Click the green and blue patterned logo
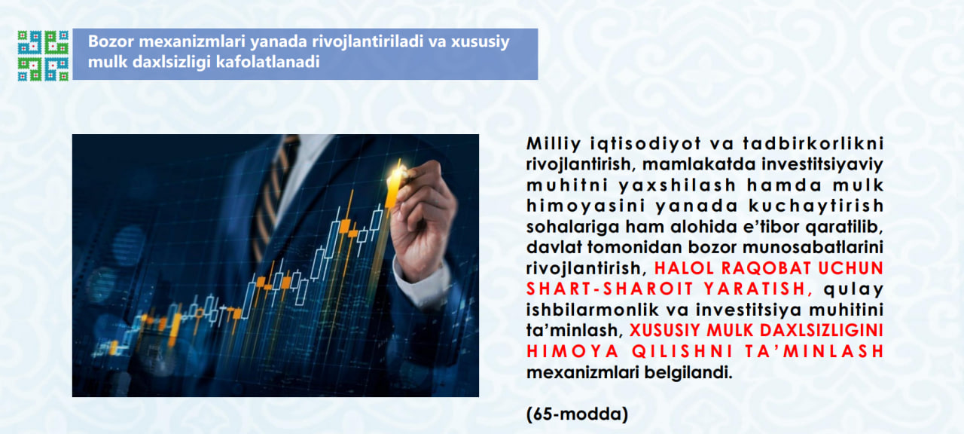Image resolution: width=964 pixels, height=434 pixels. coord(43,55)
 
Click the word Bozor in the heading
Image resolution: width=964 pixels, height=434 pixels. coord(111,41)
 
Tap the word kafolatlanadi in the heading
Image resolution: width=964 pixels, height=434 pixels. coord(267,62)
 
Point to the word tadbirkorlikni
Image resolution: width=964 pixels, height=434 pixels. coord(813,143)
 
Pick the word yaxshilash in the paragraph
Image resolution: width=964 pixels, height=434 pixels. coord(677,185)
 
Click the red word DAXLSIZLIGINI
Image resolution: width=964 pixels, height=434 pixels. coord(822,330)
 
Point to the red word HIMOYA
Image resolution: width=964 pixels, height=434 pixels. coord(572,351)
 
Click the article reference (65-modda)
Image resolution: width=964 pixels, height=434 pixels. coord(577,414)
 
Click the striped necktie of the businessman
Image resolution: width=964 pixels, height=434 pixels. coord(275,194)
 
